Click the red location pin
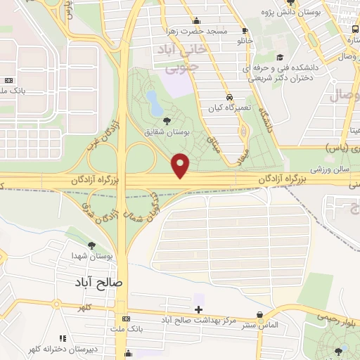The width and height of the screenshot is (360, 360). click(x=181, y=165)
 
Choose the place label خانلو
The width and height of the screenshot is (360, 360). click(x=244, y=41)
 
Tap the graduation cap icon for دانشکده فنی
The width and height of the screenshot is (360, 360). click(x=280, y=58)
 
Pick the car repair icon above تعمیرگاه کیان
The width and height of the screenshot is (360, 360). click(x=229, y=97)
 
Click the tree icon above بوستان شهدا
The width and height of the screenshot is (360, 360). click(x=91, y=245)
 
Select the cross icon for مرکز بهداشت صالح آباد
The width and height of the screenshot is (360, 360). click(x=199, y=309)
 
